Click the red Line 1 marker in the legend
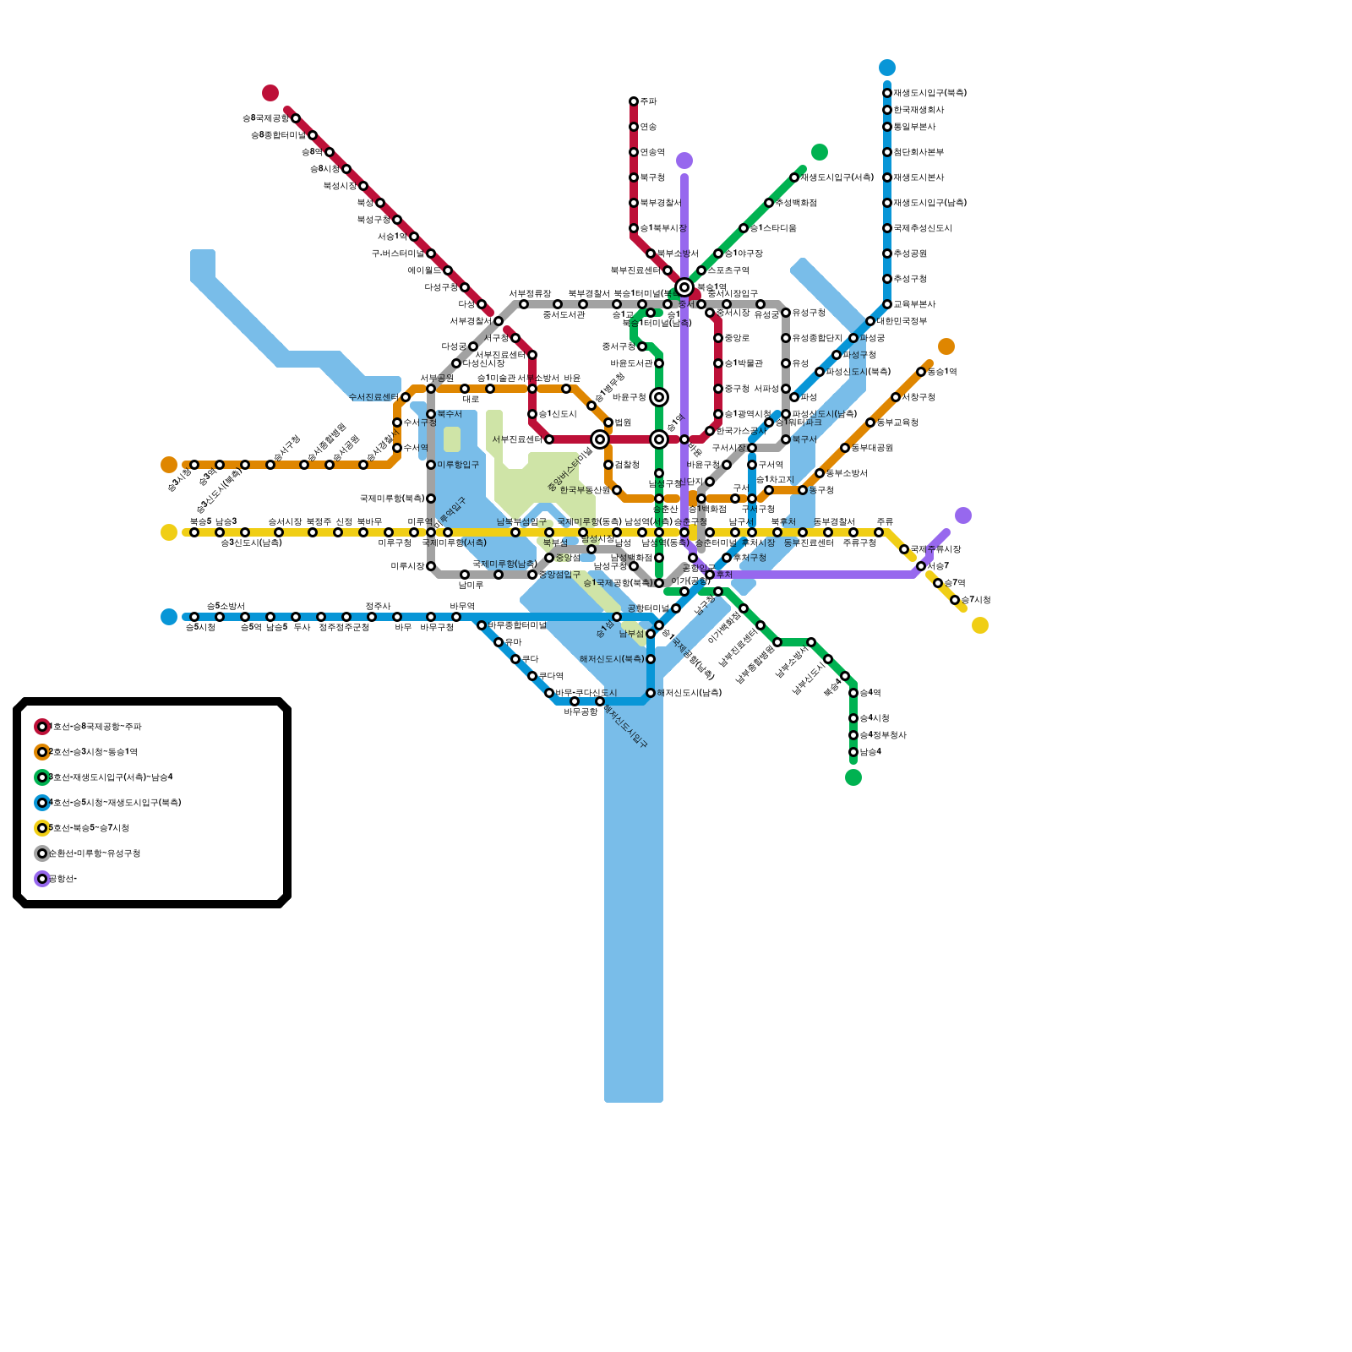point(42,727)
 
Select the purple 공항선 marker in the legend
point(42,879)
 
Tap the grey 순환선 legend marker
point(42,853)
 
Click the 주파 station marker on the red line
point(634,101)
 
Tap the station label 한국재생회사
point(919,110)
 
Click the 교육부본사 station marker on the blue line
point(887,304)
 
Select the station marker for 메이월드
point(448,270)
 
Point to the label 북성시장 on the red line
point(340,186)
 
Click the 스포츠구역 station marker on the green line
point(701,270)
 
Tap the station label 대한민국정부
point(902,321)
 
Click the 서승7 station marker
point(921,566)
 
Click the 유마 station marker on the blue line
point(499,642)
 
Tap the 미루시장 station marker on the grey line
point(431,566)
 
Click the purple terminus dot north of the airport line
point(684,161)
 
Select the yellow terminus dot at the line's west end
point(169,532)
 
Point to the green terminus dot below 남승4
point(853,777)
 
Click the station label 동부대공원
point(872,448)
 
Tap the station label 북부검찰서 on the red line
point(660,203)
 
